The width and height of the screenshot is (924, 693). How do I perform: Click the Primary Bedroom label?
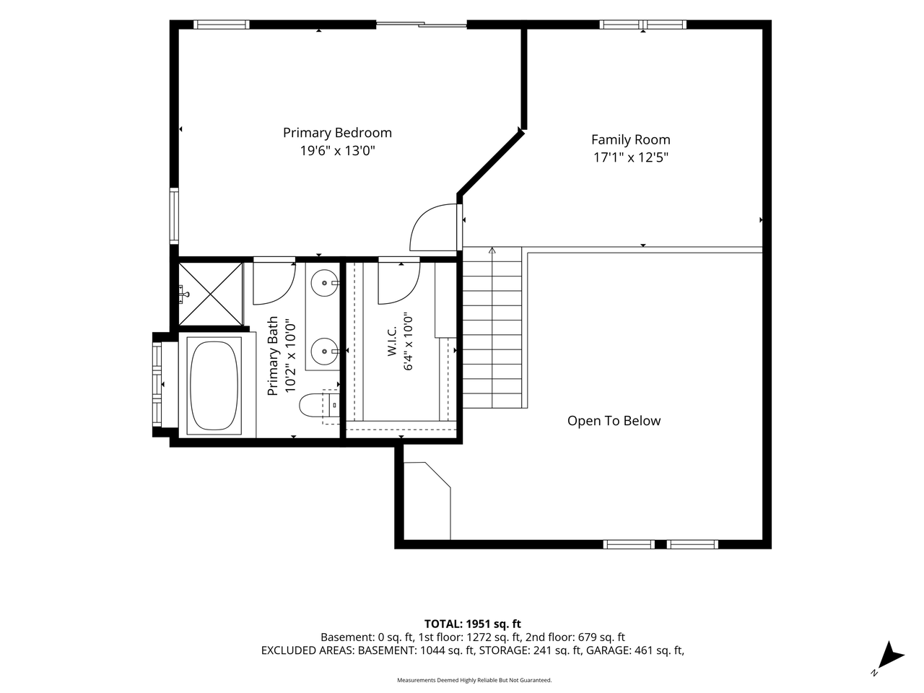[337, 133]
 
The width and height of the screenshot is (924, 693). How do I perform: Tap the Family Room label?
[630, 140]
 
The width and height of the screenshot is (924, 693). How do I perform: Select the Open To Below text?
[614, 421]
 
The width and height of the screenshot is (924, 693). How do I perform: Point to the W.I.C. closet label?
[391, 340]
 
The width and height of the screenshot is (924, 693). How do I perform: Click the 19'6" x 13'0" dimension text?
[337, 151]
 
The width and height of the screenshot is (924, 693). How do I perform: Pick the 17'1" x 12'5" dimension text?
[631, 157]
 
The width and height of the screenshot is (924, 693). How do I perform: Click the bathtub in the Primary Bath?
[214, 385]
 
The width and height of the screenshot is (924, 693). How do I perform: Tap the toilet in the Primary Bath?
[318, 405]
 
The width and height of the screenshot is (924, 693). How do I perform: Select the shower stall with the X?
[211, 294]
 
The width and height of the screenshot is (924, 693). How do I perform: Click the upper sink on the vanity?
[325, 283]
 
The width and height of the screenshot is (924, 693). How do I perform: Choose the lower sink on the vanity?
[325, 351]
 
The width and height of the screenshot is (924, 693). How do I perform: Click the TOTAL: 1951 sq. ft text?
[472, 624]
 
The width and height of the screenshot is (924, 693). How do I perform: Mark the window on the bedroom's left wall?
[174, 215]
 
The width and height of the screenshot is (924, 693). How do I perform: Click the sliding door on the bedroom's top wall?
[421, 25]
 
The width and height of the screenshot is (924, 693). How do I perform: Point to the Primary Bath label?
[273, 356]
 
